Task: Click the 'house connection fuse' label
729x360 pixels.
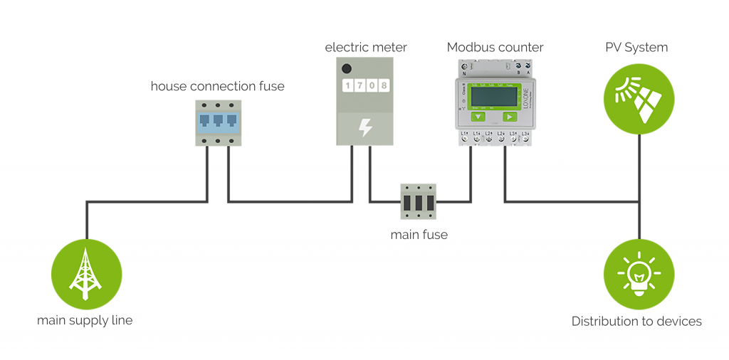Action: point(217,87)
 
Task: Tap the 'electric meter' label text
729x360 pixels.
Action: point(366,48)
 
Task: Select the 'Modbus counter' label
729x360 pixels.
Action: point(495,48)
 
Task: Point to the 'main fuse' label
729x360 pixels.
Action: point(419,234)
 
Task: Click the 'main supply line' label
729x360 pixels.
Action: point(85,320)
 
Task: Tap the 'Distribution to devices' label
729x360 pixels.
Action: point(636,322)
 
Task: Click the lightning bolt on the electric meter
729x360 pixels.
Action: point(365,127)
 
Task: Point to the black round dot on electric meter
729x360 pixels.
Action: point(347,69)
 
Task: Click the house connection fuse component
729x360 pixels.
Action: point(218,122)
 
